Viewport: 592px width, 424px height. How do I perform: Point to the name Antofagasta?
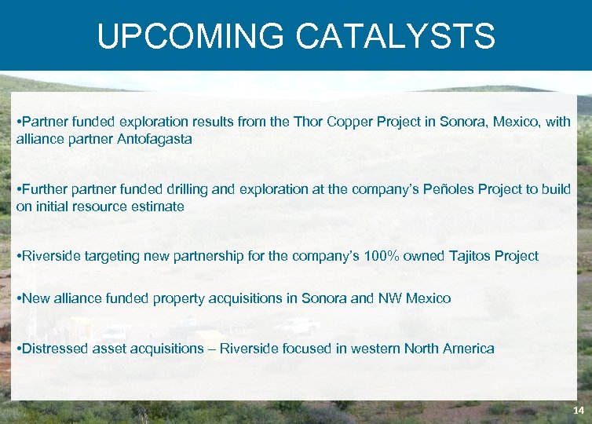click(x=153, y=139)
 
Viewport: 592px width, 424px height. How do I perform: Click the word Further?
click(x=46, y=191)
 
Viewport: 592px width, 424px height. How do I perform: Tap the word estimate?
click(x=159, y=207)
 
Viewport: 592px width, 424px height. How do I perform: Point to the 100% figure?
click(x=383, y=256)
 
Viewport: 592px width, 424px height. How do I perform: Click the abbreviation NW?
click(x=389, y=298)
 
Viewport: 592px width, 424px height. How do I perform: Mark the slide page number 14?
click(x=578, y=411)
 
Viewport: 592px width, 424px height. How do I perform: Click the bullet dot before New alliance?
click(x=18, y=298)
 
